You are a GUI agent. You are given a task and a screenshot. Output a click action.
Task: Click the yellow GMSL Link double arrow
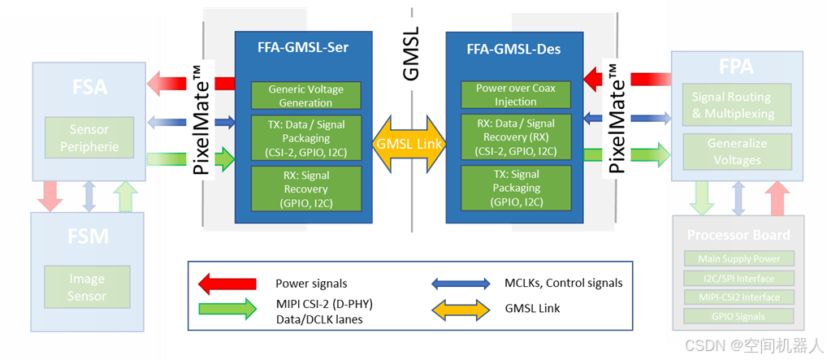[x=409, y=144]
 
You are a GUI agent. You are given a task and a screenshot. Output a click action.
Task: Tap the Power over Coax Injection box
[x=516, y=95]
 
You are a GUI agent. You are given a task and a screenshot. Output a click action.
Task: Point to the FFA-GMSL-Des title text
[x=513, y=49]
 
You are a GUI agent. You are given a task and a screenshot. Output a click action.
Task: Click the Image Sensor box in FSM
[x=86, y=288]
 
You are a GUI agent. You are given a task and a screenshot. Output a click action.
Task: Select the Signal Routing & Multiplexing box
[x=733, y=106]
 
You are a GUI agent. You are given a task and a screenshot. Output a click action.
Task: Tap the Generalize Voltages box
[x=737, y=152]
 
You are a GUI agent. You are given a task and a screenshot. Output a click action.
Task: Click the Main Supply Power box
[x=738, y=258]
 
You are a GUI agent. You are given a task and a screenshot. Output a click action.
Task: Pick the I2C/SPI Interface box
[x=738, y=278]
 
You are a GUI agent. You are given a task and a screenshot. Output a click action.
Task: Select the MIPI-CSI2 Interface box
[x=738, y=297]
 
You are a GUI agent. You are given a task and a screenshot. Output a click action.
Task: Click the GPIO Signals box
[x=738, y=316]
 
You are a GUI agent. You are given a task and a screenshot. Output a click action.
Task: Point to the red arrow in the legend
[x=227, y=284]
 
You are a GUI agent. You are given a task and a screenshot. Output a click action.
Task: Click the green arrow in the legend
[x=227, y=308]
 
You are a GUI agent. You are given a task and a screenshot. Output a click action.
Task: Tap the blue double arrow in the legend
[x=460, y=284]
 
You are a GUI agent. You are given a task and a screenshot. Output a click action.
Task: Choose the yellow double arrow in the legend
[x=460, y=308]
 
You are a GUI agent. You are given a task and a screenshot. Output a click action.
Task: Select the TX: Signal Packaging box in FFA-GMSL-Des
[x=514, y=188]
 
